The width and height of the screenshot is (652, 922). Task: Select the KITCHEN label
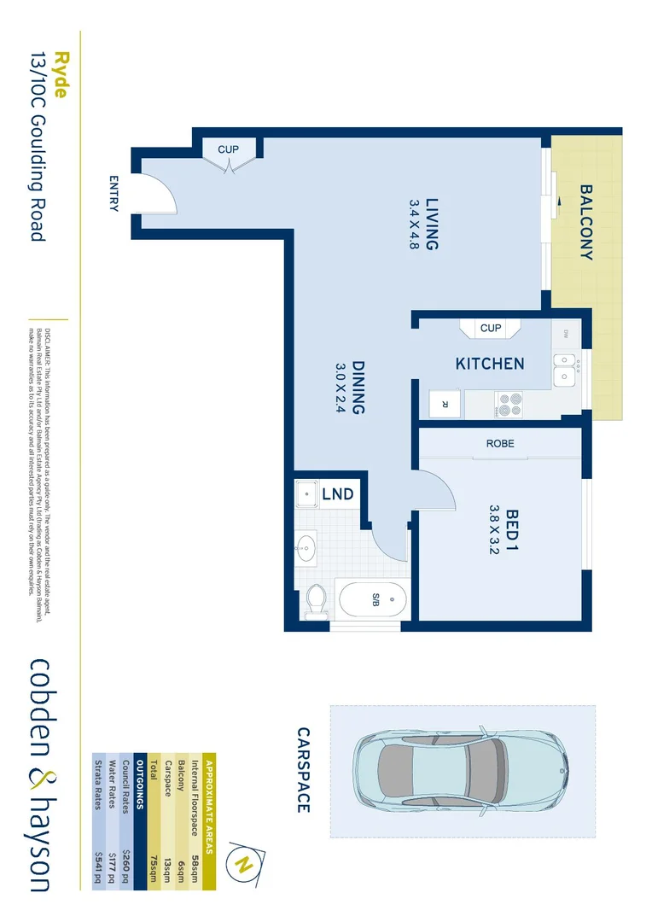click(x=490, y=364)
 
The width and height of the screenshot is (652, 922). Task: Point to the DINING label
click(x=358, y=388)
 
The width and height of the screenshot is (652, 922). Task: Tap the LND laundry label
click(x=337, y=494)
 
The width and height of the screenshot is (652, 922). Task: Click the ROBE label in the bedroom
click(x=500, y=444)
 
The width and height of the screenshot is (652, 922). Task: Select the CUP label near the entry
click(x=228, y=149)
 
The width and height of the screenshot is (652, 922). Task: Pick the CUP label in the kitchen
click(x=491, y=328)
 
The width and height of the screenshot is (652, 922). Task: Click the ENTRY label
click(x=114, y=194)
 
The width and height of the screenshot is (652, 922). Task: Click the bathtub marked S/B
click(x=373, y=601)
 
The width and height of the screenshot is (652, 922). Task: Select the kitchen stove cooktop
click(x=509, y=403)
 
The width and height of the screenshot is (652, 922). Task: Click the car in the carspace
click(x=461, y=771)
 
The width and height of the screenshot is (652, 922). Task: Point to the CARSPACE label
click(x=303, y=770)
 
